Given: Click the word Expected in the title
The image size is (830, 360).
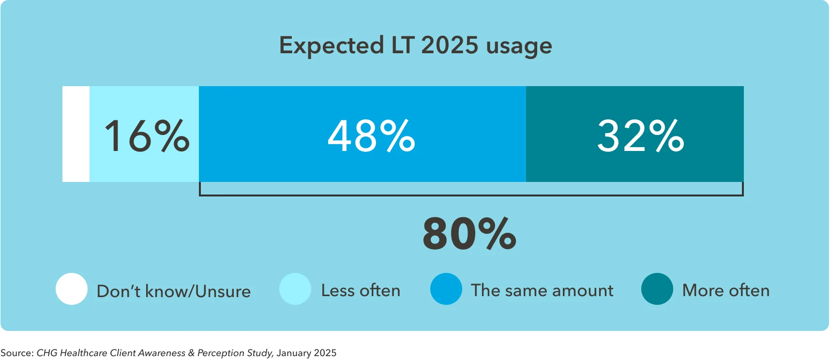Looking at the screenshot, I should pos(332,46).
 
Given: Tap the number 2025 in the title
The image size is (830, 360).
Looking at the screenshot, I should pos(450,45).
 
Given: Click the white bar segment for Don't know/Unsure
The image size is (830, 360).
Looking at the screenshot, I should pos(76,134).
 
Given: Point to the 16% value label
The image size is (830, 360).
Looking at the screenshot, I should pos(147,136).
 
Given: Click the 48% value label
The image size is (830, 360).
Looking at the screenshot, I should pos(371,136).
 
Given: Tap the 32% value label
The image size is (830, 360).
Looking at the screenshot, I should pos(640,136).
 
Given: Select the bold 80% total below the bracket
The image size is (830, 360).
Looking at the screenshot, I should pos(469,234).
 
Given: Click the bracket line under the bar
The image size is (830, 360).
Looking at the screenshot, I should pos(471,195).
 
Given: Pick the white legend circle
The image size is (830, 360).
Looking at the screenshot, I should pos(72,289).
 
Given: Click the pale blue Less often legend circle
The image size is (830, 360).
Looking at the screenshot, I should pos(295,289).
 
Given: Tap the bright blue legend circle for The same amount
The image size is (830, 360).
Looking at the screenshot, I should pos(446,289).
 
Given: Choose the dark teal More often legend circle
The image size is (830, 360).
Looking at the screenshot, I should pos(657,289).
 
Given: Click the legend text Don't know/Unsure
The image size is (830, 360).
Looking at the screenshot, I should pos(174,291).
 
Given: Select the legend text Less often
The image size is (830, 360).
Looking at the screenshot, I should pos(361,290).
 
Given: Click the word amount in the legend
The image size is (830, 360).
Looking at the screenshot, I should pos(583,290).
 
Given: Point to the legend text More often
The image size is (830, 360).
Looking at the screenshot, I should pos(725,290).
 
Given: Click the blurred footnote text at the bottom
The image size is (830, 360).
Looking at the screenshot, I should pos(168,354).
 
